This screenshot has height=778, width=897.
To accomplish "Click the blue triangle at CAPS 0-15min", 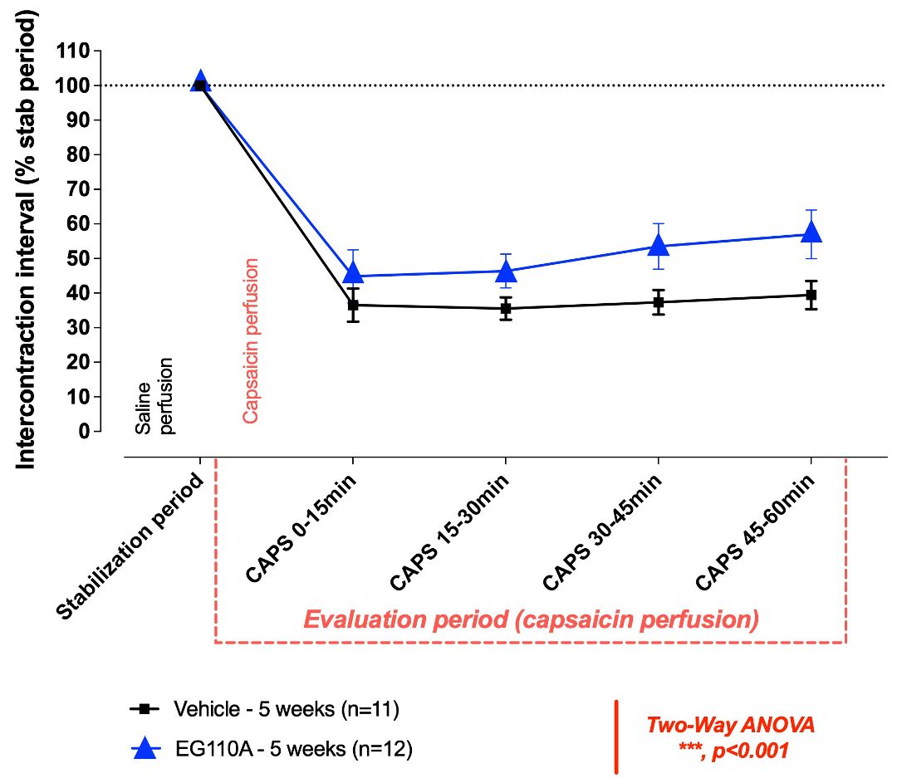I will click(x=353, y=273).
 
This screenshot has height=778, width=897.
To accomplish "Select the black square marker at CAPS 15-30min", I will click(x=506, y=308).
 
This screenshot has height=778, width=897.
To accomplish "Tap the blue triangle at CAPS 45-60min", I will click(x=811, y=232).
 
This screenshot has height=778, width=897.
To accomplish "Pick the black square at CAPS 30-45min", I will click(x=659, y=302).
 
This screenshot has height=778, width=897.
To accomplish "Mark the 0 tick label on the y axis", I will click(x=85, y=432).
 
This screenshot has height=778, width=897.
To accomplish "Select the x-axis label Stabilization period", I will click(x=131, y=547).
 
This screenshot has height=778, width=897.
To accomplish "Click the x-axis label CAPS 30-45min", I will click(x=604, y=533).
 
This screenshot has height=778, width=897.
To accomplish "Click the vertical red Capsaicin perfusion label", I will click(x=250, y=340).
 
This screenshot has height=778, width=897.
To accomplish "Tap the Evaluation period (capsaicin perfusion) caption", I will click(x=530, y=620).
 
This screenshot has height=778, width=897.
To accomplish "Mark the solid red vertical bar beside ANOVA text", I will click(x=616, y=736).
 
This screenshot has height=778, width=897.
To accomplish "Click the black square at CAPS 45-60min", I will click(x=811, y=295).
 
